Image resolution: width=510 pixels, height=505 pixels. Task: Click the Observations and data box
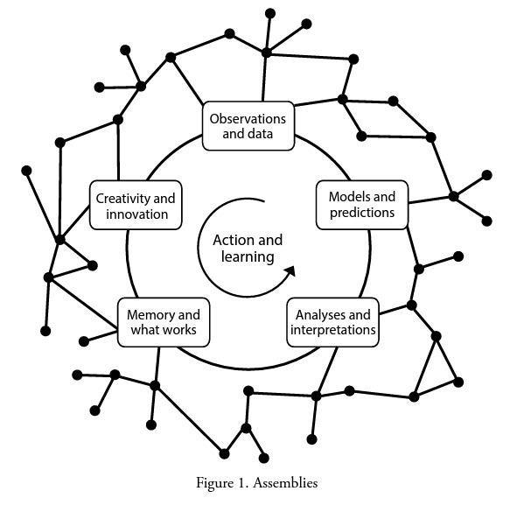(248, 126)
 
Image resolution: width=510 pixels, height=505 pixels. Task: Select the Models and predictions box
(361, 205)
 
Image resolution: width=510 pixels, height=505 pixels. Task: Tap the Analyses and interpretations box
(332, 322)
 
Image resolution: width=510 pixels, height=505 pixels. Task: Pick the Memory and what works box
(164, 322)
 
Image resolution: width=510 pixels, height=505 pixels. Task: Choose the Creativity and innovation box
(136, 206)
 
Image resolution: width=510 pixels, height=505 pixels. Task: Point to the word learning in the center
(248, 257)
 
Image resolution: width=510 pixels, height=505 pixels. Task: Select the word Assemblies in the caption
(284, 482)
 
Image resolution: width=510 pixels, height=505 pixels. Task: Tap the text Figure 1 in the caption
(224, 482)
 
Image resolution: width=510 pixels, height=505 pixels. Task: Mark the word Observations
(248, 118)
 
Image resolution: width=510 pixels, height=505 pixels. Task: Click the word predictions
(362, 213)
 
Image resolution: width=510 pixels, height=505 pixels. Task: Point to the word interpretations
(332, 330)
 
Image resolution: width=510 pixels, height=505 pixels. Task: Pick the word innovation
(136, 214)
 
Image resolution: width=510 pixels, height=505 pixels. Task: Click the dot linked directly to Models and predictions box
(453, 196)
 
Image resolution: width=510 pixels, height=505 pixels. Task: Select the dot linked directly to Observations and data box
(266, 53)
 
